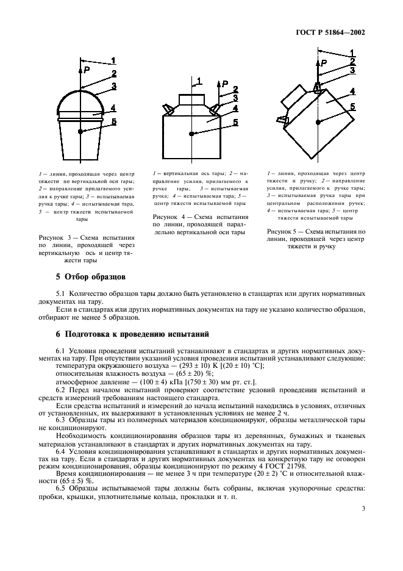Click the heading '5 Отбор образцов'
[91, 278]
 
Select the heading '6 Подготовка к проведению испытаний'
[132, 334]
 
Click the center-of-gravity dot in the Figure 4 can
[191, 133]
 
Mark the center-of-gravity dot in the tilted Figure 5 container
[318, 123]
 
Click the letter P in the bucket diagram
[87, 70]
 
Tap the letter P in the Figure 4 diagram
[225, 84]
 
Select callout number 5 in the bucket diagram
[114, 122]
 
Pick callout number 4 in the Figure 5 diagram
[353, 92]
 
